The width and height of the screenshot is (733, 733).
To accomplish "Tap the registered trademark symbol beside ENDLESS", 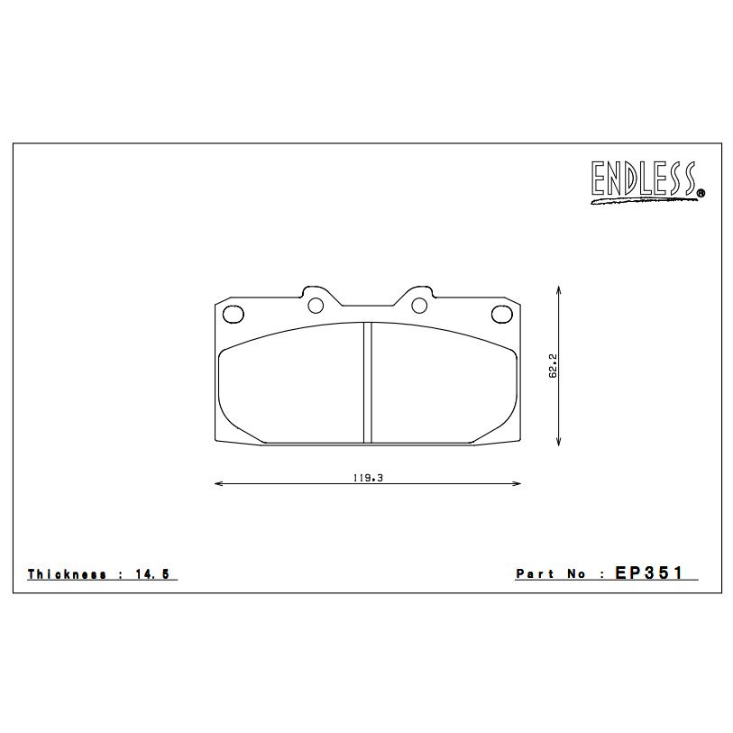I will [701, 192].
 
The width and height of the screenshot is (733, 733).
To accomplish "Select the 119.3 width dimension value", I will [368, 478].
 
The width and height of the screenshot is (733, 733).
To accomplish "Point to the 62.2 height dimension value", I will [553, 365].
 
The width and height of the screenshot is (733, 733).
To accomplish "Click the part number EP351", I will [650, 573].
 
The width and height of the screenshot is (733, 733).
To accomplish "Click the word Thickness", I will [67, 574].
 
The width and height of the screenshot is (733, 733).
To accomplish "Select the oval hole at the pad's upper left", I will [234, 314].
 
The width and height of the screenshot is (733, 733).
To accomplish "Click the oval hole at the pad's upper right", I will [502, 314].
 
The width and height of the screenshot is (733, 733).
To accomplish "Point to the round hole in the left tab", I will [316, 306].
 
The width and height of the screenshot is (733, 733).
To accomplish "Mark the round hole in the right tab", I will [419, 306].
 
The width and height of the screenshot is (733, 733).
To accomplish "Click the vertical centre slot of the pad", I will [368, 382].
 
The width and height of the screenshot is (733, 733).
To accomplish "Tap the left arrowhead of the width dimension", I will [218, 484].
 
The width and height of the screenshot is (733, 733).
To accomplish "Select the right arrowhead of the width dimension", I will [518, 484].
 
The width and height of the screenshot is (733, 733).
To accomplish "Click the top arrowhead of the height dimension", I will [560, 290].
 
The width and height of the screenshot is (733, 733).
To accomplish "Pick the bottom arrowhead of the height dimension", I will [560, 441].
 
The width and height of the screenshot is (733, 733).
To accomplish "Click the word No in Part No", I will [578, 573].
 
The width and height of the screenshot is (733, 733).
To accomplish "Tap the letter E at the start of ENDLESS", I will [600, 179].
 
